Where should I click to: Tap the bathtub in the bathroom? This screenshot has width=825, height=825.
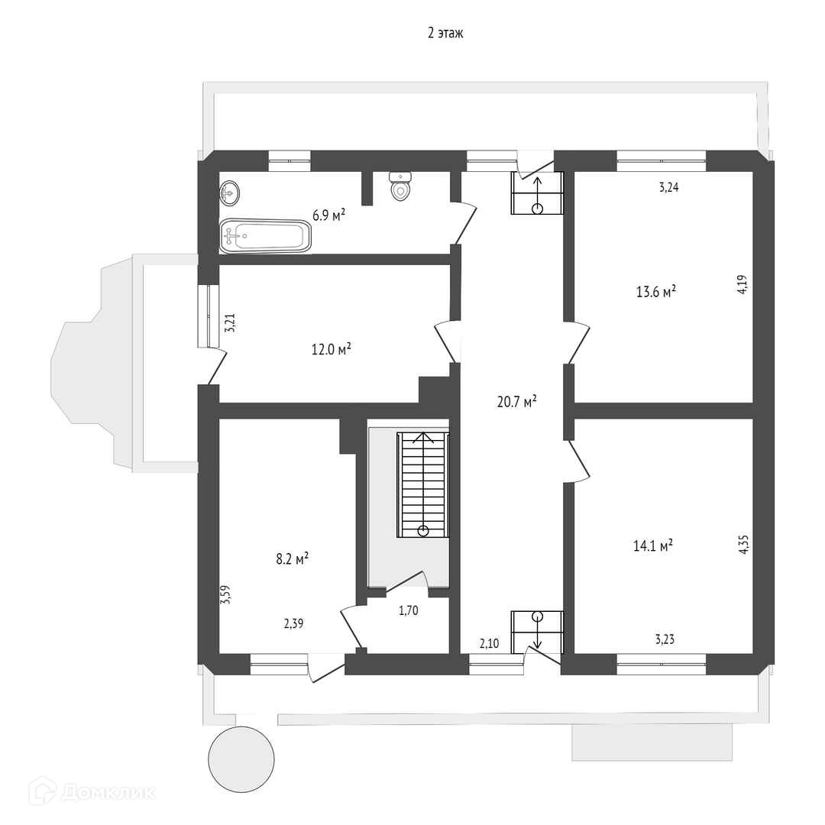[266, 236]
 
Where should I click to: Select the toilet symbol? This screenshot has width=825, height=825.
[401, 188]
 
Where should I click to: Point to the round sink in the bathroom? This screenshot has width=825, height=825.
[230, 192]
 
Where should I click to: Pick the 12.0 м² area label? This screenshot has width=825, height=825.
[331, 349]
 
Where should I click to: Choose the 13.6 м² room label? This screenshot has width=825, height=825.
[656, 291]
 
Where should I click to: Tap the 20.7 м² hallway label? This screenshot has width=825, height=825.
[516, 401]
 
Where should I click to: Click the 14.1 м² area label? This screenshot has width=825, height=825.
[653, 545]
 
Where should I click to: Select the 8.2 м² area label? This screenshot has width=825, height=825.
[292, 559]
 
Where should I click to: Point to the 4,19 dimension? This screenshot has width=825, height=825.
[742, 286]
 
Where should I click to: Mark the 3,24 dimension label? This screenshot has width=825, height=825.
[668, 187]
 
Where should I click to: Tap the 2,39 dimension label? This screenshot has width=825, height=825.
[294, 623]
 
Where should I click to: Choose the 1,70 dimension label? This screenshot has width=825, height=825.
[409, 610]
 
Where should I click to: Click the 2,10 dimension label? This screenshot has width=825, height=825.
[489, 644]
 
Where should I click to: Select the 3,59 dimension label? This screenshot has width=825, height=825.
[225, 594]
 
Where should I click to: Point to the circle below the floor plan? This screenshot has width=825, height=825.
[241, 759]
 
